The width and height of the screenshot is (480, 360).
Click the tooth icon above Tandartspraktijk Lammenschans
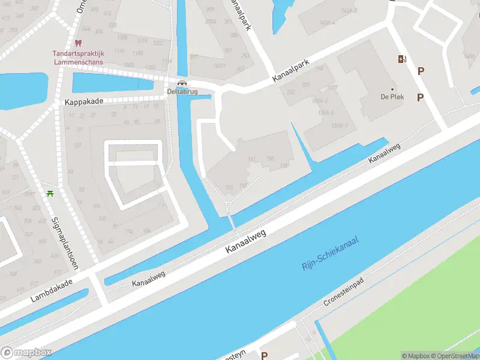[x=77, y=43]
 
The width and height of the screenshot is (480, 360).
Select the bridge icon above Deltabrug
[x=182, y=82]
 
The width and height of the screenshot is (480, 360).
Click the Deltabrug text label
[x=181, y=92]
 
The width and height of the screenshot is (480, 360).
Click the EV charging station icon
[x=401, y=59]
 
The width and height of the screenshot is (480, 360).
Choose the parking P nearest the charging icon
[x=421, y=71]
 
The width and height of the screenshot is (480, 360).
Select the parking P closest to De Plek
[x=420, y=97]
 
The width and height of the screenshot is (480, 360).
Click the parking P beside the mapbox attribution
[x=264, y=356]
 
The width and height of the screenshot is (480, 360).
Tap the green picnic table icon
[x=50, y=194]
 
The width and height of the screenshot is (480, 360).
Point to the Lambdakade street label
[x=52, y=290]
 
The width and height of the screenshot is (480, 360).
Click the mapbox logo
[x=26, y=353]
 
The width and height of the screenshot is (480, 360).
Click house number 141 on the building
[x=251, y=159]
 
